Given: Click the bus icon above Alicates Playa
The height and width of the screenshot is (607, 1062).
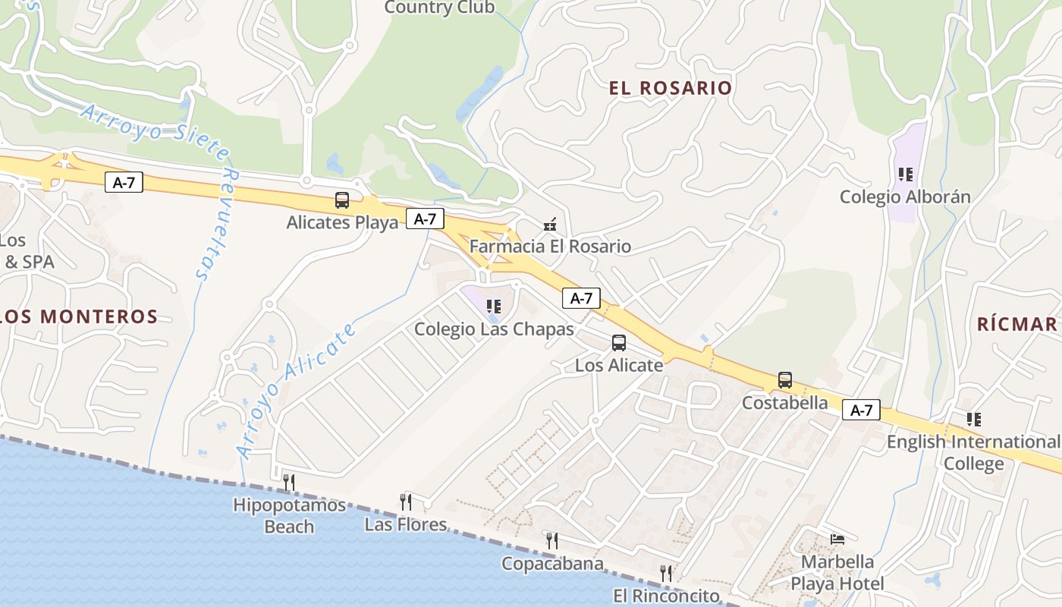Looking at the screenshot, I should pos(342,200).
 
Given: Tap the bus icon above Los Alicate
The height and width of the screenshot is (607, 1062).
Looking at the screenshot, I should pos(619,343).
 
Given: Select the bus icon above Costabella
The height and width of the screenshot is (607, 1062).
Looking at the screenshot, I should pos(785,380).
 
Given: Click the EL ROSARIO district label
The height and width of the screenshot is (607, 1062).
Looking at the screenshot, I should pos(671,88).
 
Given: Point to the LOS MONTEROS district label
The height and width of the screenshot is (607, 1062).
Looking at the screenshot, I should pos(79,316).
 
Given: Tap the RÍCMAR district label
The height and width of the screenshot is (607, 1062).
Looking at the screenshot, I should pos(1016,325).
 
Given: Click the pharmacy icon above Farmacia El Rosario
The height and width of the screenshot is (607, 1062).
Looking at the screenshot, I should pos(551,225).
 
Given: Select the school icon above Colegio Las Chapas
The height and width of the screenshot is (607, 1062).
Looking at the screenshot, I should pos(494,307).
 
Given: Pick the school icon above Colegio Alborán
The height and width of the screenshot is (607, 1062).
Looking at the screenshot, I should pos(905,175).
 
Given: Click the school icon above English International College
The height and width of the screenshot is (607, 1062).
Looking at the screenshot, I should pos(974,419).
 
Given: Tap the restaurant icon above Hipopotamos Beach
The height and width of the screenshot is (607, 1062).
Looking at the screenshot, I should pos(288,482).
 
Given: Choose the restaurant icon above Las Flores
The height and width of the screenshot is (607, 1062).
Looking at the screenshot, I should pos(406,502).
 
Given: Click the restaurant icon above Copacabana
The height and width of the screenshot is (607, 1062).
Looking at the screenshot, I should pos(552,540).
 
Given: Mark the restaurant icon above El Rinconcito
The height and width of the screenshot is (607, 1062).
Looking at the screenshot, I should pos(666,573).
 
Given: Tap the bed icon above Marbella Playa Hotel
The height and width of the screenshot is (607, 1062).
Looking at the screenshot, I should pos(837,539).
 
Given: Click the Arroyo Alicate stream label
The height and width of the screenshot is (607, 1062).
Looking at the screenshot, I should pos(297,391).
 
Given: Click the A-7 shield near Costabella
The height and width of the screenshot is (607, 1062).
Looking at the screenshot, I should pos(861,410).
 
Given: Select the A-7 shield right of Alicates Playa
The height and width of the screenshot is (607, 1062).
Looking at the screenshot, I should pos(425,219).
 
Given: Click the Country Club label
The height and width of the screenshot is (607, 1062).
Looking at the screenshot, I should pos(439,8).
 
